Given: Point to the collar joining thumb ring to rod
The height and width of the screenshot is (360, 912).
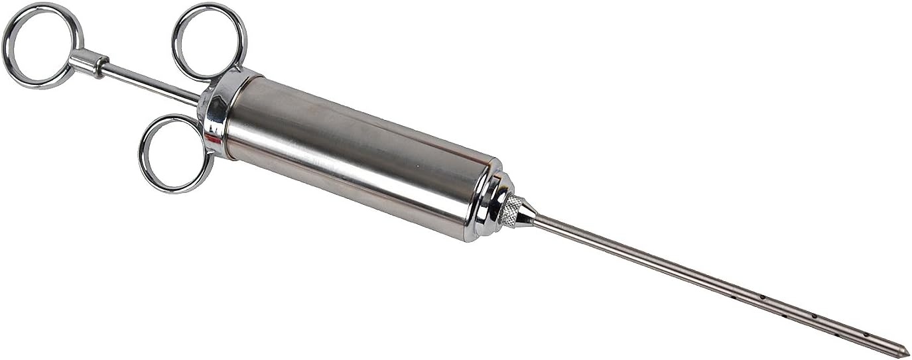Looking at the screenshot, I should click(x=88, y=63).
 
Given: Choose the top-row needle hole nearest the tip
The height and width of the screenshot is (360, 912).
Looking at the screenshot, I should click(x=866, y=334).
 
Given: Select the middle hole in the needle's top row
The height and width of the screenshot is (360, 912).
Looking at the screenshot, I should click(x=814, y=316).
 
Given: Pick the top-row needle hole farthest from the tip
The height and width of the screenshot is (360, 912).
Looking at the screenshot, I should click(x=763, y=297).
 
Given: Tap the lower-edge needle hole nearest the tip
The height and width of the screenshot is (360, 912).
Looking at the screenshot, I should click(x=837, y=335).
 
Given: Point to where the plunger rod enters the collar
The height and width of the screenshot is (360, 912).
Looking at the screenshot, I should click(x=198, y=99).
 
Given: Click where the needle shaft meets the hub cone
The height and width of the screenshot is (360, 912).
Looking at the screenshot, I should click(x=536, y=219).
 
